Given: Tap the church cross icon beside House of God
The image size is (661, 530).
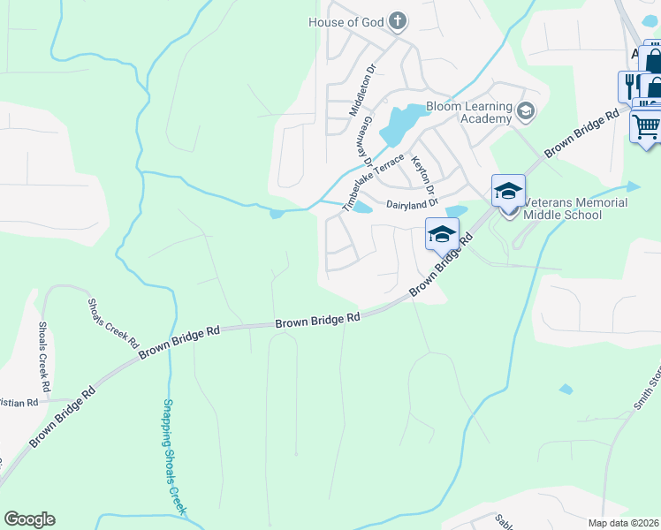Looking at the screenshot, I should [398, 20].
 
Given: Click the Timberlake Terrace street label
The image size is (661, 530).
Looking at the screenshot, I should [374, 182].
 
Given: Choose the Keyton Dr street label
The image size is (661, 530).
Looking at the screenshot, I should [423, 175].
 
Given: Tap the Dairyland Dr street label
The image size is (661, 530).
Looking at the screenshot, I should [413, 203].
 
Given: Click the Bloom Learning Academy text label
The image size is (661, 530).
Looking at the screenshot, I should [469, 112].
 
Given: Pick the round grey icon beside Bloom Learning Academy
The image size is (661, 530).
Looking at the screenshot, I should [526, 111].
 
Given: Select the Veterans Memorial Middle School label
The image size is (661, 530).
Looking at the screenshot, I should [575, 208].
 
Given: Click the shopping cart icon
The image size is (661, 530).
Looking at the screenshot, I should [646, 126].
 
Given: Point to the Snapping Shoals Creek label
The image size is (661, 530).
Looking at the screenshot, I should [173, 457].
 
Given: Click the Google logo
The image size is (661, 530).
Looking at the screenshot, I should [29, 519].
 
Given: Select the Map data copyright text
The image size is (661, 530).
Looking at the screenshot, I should [624, 523].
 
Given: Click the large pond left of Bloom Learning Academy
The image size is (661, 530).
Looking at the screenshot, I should [401, 123].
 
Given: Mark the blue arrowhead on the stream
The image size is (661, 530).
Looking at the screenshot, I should [633, 186].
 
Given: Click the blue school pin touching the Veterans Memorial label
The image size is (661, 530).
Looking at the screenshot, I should [508, 190].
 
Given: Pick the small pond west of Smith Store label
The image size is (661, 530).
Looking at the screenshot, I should [566, 389].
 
